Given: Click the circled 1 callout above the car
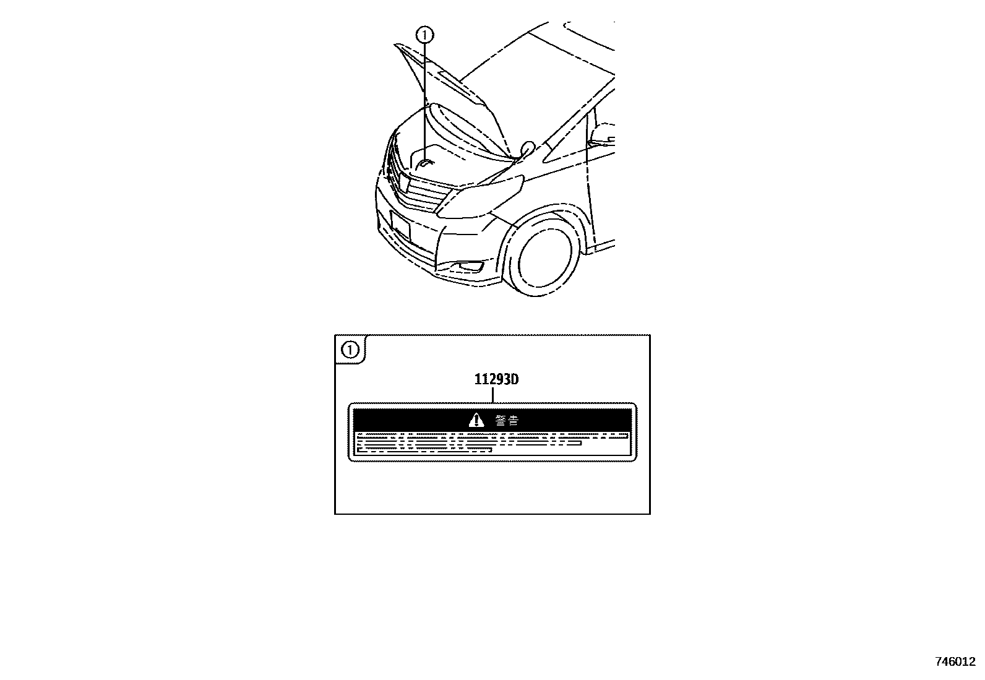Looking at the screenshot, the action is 424,35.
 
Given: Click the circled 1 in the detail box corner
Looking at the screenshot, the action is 351,351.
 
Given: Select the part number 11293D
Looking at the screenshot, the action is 496,379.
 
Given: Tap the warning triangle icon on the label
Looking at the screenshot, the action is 476,421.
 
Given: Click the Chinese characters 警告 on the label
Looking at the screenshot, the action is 507,421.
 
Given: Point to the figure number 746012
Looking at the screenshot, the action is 955,661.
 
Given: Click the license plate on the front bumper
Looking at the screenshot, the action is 400,225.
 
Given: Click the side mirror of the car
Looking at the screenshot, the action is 527,148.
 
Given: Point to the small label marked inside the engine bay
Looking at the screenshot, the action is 424,163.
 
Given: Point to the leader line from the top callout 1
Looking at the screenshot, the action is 424,99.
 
